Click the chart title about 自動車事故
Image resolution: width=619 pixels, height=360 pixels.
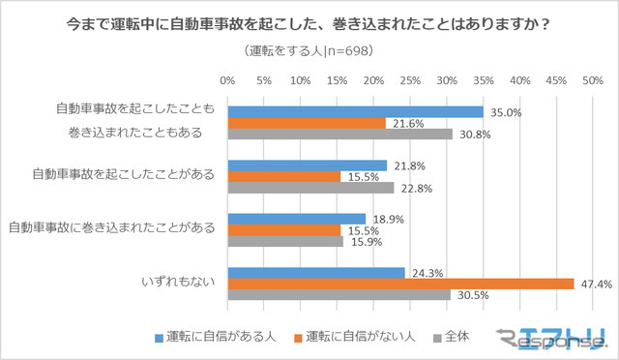click(309, 19)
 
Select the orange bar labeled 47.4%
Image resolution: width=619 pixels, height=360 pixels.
click(400, 284)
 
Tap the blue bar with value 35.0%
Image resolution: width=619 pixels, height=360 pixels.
click(355, 111)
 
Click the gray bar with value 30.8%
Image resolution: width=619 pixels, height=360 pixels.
click(339, 134)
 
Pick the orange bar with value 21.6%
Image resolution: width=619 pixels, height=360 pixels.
click(306, 123)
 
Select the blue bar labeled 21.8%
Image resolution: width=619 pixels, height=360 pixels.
click(307, 165)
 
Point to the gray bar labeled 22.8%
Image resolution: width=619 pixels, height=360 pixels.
click(310, 188)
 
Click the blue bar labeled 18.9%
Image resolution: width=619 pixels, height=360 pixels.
click(296, 219)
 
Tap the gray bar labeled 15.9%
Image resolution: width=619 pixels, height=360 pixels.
click(285, 241)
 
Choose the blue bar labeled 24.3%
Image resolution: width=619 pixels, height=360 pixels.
click(315, 273)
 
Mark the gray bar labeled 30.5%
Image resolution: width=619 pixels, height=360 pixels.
click(339, 295)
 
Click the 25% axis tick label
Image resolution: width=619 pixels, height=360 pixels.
click(409, 80)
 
